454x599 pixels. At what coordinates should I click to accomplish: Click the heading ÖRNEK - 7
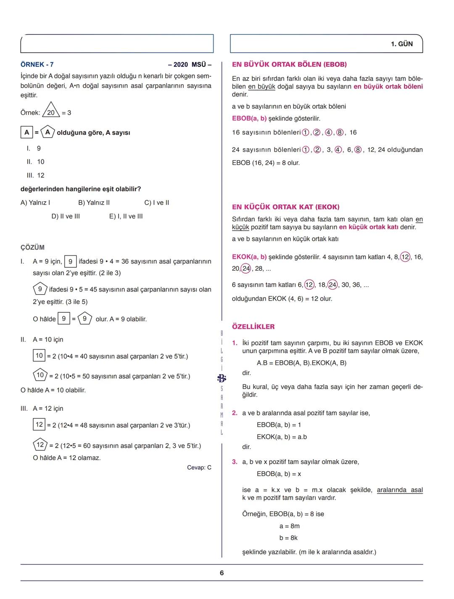(37, 64)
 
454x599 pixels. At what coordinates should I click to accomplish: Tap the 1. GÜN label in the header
(401, 44)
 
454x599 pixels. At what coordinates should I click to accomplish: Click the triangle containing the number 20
(51, 111)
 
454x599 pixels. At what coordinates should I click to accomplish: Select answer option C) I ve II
(156, 202)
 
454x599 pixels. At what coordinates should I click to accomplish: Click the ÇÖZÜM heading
(32, 248)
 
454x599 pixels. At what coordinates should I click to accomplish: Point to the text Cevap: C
(199, 467)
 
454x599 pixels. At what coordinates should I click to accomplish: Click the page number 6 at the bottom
(222, 573)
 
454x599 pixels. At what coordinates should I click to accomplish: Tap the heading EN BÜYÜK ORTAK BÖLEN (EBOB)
(289, 64)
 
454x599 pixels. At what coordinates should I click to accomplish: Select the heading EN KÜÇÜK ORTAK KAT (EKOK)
(285, 207)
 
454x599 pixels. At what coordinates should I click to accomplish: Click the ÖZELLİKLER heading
(253, 327)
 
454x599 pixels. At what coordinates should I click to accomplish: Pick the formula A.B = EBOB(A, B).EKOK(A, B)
(301, 363)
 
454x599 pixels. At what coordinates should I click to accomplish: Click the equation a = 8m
(289, 526)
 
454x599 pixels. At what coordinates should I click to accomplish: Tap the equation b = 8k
(288, 538)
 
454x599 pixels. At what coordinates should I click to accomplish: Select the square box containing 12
(39, 424)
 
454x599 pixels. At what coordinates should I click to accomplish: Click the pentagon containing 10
(40, 375)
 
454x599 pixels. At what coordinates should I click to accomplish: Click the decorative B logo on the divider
(222, 378)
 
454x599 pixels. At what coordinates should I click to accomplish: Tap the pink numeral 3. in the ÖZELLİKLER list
(235, 462)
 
